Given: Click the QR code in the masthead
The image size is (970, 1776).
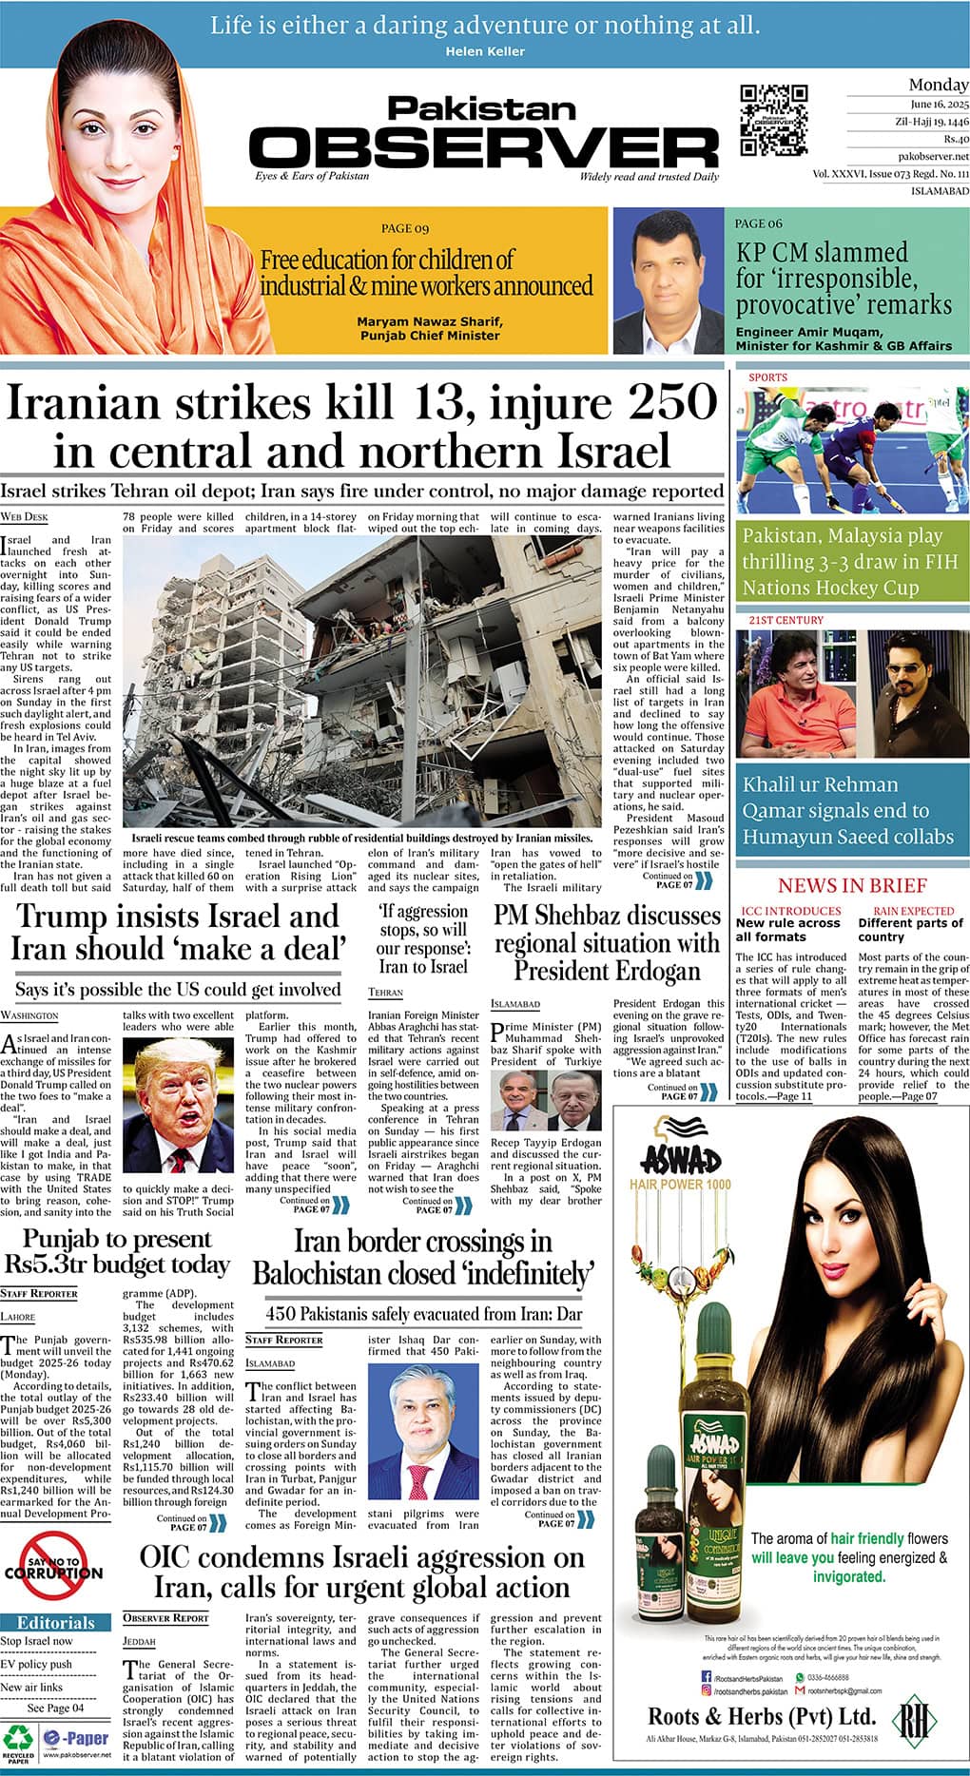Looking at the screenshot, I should (774, 120).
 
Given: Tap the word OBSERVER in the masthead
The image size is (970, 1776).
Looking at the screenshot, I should (485, 147).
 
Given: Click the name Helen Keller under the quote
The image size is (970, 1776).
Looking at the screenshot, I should (485, 51).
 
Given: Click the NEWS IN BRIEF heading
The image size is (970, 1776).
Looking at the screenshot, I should (852, 885).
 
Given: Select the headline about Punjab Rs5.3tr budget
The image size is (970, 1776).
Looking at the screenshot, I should (117, 1251).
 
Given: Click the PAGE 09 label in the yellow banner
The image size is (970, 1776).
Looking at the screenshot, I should (405, 228).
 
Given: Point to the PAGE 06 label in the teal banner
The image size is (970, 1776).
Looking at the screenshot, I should (759, 223).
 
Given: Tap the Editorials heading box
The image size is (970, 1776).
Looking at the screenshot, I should (56, 1623).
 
